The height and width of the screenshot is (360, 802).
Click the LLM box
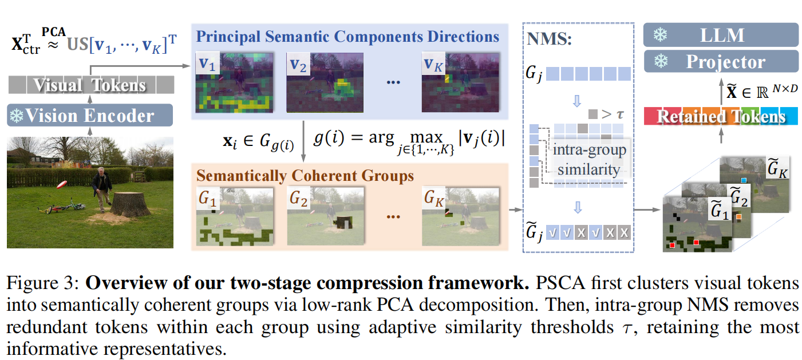721,35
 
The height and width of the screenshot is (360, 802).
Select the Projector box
721,61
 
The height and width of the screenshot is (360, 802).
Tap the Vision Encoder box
90,116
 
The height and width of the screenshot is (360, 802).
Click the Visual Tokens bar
90,86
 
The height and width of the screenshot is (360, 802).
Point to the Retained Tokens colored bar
721,117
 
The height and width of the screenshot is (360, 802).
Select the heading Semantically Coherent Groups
305,175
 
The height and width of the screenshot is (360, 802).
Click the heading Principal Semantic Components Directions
348,37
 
